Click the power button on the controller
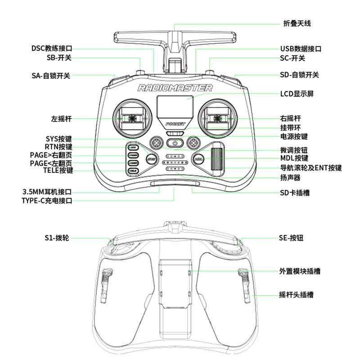(x=175, y=144)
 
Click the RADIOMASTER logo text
(x=175, y=88)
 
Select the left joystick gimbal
(x=132, y=118)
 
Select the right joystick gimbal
(x=218, y=118)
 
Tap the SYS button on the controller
(x=152, y=159)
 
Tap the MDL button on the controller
(x=198, y=159)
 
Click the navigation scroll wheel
(x=218, y=158)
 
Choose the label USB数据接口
(x=301, y=49)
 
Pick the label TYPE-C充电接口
(x=47, y=201)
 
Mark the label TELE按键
(x=58, y=171)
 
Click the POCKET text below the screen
(x=175, y=124)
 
